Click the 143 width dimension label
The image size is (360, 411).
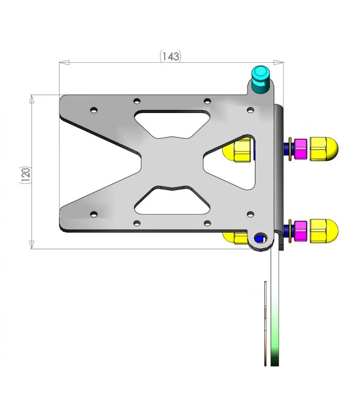coord(171,57)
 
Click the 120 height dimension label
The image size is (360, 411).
coord(26,175)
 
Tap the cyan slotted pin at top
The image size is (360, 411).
coord(260,79)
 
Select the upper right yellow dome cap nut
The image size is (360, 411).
coord(324,149)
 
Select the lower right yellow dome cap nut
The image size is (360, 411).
coord(324,231)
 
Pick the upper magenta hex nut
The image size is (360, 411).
coord(300,149)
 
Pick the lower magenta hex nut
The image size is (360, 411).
coord(300,231)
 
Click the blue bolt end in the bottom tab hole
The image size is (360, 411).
coord(259,238)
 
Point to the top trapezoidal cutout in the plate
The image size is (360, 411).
coord(172,124)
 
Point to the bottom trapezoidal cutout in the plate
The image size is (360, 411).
coord(172,200)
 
